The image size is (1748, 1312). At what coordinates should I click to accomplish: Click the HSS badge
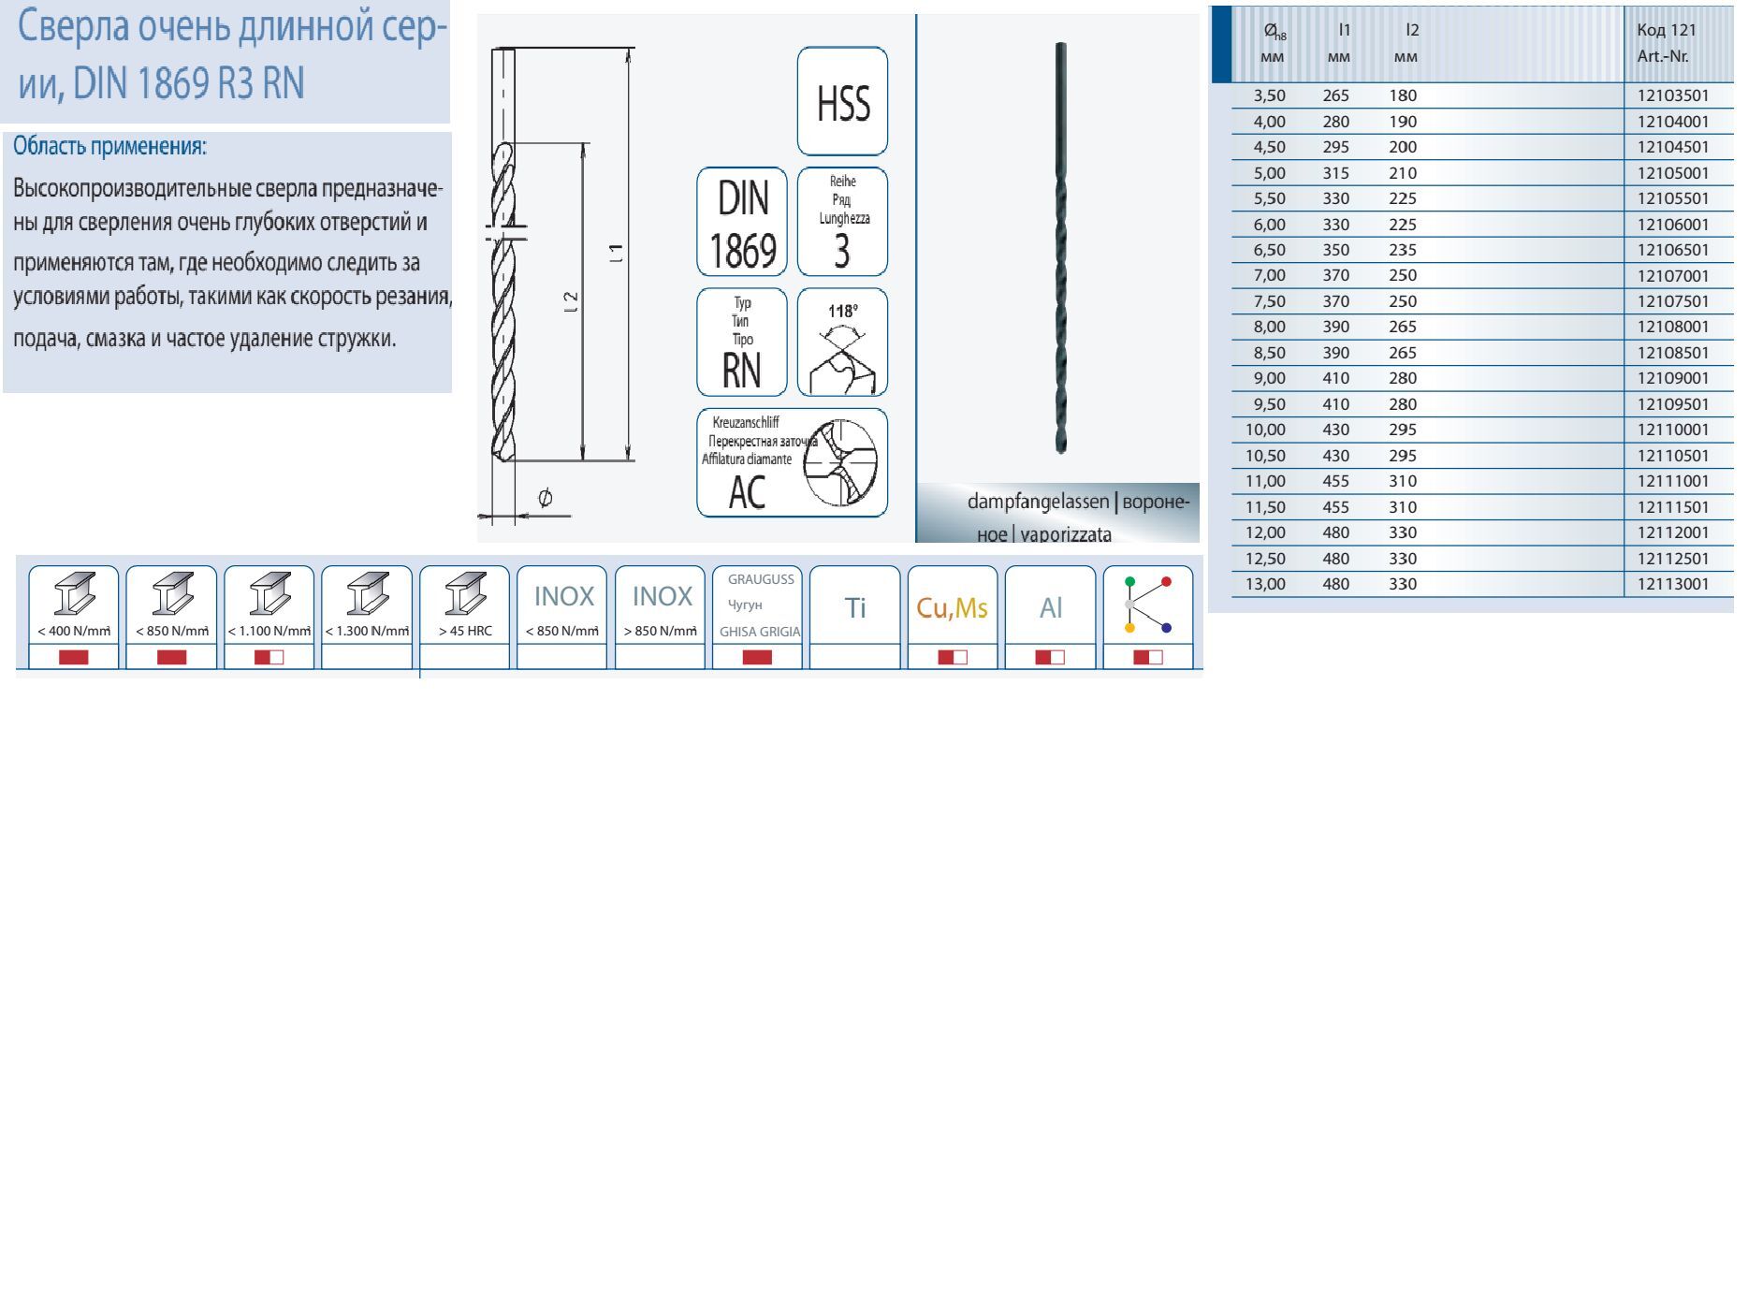click(842, 101)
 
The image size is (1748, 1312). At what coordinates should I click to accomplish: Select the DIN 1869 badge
click(742, 222)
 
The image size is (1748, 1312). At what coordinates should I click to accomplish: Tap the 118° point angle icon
click(842, 343)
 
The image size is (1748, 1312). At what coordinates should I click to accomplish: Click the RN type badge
click(742, 343)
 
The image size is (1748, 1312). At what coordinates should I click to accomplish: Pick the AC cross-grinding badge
click(792, 462)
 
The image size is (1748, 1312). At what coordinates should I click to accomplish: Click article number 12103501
click(1673, 95)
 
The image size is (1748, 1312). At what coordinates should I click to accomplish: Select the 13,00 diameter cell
click(1265, 584)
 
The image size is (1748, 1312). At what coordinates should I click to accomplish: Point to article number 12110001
click(1673, 430)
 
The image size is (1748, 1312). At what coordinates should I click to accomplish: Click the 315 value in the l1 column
click(1336, 173)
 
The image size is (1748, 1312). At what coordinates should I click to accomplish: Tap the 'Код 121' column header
click(1667, 30)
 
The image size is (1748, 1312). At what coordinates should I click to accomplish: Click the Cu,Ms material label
click(952, 608)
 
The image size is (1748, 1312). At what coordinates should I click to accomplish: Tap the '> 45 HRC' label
click(465, 631)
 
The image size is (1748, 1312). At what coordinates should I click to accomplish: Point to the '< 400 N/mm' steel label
click(74, 631)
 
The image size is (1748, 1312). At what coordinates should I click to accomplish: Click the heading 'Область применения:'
click(109, 147)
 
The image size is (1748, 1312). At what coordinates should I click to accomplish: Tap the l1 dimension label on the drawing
click(616, 253)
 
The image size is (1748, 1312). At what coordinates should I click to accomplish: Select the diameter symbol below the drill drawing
click(546, 497)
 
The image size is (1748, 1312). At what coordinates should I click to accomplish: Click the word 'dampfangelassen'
click(1038, 503)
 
